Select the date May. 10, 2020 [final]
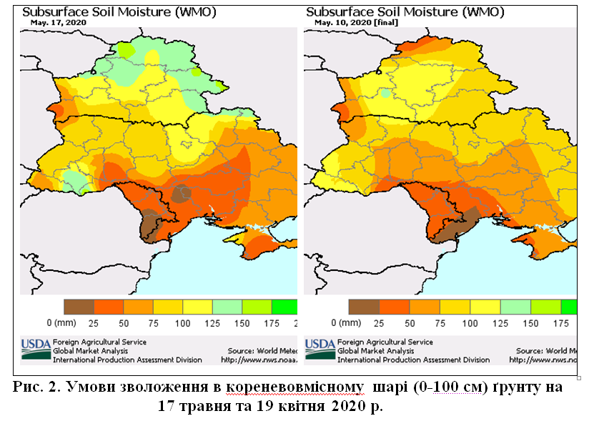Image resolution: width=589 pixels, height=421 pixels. pos(356,22)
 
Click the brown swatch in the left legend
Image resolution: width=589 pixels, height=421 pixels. pos(79,307)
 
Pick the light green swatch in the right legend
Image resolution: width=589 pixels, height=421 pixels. pos(514,307)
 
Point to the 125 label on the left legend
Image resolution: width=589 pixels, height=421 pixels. pos(212,323)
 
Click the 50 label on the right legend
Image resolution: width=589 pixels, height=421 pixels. pos(410,323)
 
